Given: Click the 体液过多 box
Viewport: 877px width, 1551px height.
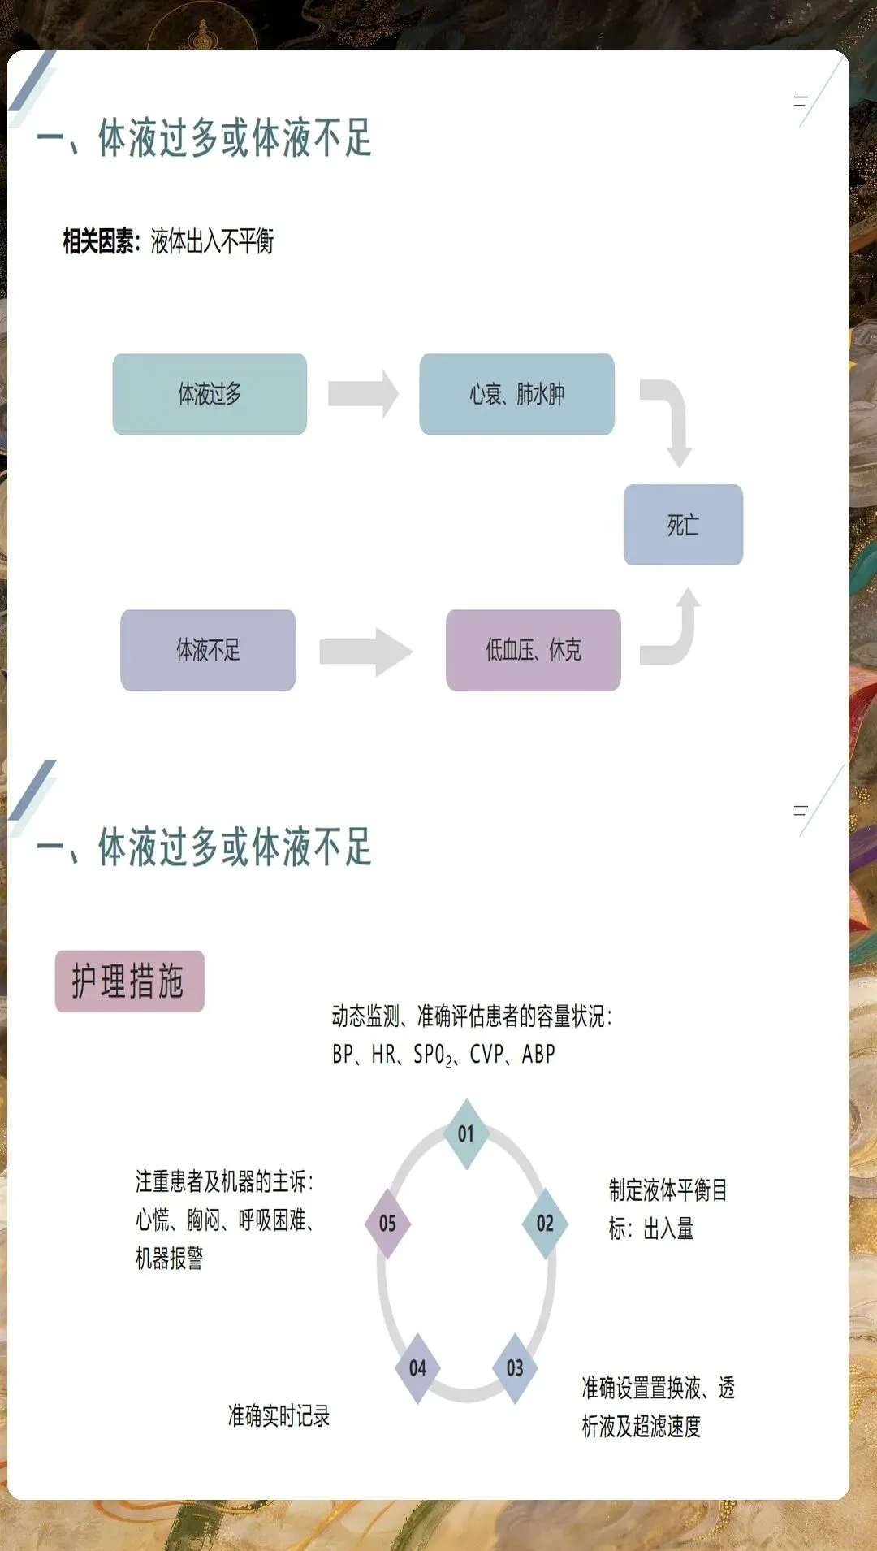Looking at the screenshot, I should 210,394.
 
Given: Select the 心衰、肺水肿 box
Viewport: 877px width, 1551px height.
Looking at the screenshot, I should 516,394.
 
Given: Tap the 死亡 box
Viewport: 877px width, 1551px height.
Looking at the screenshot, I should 683,525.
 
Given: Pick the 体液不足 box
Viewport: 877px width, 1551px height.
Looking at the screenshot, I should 208,650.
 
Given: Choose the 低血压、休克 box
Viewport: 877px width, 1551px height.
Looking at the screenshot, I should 533,650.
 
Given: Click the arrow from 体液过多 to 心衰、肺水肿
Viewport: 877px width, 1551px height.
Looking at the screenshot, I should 363,394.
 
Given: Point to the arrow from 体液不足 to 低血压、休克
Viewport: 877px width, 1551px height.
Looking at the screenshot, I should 365,652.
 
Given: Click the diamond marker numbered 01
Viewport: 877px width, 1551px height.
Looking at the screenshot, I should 465,1133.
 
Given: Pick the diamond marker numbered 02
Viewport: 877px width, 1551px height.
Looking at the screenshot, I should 545,1224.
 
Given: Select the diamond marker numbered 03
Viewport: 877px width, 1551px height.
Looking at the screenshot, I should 515,1368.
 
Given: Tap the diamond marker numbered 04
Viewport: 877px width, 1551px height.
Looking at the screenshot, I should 417,1368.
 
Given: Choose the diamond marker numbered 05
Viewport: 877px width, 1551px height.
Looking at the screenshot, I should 387,1224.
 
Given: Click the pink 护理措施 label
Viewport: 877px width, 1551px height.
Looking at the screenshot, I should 129,981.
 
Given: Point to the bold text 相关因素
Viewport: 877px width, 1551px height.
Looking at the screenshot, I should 98,241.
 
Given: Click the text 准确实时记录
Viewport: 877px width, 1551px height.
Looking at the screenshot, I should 279,1415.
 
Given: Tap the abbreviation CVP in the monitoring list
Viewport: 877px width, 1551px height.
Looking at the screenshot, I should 487,1054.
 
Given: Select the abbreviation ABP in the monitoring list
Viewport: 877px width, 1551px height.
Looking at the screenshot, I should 538,1054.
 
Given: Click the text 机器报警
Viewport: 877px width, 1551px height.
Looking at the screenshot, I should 169,1258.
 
